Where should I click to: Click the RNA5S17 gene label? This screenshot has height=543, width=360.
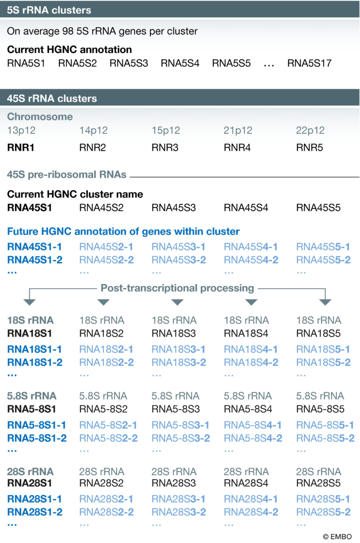[x=309, y=64]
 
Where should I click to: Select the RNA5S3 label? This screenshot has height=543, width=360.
[x=129, y=64]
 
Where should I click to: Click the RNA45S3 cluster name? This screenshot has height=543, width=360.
[x=173, y=208]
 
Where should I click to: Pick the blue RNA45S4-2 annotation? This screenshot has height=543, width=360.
[x=251, y=260]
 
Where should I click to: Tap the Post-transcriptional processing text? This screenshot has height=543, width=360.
[x=177, y=288]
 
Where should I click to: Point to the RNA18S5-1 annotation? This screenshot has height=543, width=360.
[x=323, y=349]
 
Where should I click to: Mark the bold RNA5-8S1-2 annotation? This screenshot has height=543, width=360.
[x=37, y=438]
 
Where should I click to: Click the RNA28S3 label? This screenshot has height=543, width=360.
[x=173, y=483]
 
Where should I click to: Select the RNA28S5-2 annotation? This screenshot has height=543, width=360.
[x=323, y=513]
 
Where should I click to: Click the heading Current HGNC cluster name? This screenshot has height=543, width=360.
[x=75, y=194]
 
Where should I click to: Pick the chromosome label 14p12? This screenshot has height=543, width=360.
[x=92, y=131]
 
